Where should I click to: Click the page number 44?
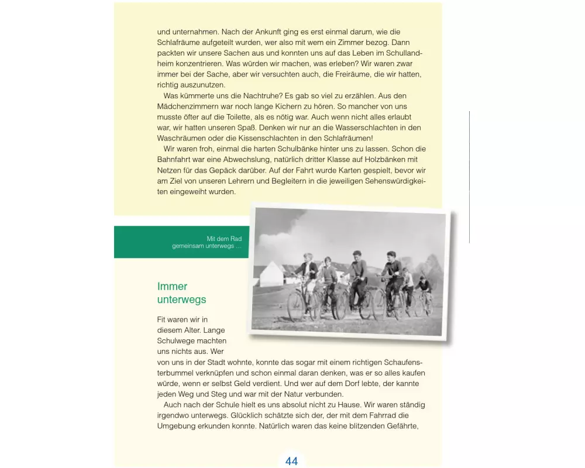(x=291, y=461)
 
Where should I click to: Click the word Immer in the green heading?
(x=172, y=287)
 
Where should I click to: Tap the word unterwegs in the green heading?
(x=181, y=300)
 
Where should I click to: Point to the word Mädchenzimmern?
(x=187, y=106)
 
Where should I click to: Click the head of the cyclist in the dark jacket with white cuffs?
(x=391, y=256)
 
